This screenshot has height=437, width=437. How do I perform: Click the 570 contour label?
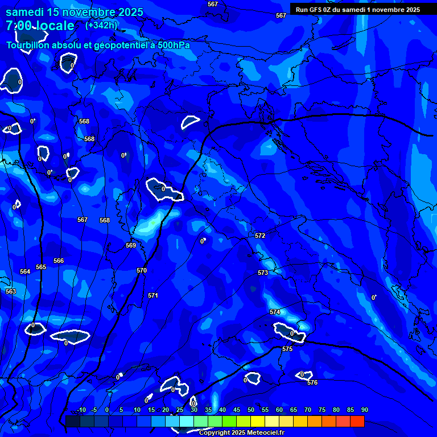(x=142, y=270)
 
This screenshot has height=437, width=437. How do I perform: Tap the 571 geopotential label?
(x=153, y=295)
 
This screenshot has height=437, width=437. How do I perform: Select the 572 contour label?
(x=260, y=236)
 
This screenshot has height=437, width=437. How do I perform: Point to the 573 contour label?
(x=263, y=273)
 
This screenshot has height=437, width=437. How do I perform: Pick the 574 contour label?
(x=275, y=312)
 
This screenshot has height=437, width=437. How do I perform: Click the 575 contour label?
(x=287, y=349)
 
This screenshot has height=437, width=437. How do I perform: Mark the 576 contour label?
(x=312, y=383)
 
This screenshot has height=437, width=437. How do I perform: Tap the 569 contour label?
(x=131, y=245)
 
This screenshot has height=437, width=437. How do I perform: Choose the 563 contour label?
(x=11, y=291)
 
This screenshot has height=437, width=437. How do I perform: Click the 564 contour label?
(x=25, y=271)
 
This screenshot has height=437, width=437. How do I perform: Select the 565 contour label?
(x=41, y=267)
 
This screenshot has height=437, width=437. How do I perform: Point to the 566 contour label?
(x=59, y=261)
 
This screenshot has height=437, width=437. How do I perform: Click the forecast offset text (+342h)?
(x=101, y=25)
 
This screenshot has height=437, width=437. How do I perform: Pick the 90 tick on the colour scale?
(x=364, y=410)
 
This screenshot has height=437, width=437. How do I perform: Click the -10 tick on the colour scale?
(x=81, y=410)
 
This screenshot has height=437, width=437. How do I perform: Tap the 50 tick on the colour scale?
(x=250, y=410)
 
